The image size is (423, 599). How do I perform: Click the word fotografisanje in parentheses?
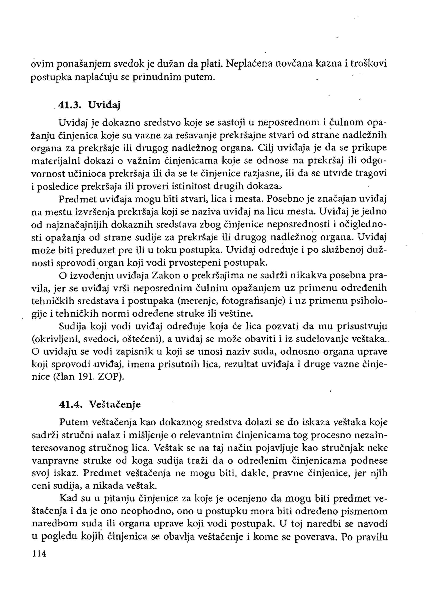[252, 301]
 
